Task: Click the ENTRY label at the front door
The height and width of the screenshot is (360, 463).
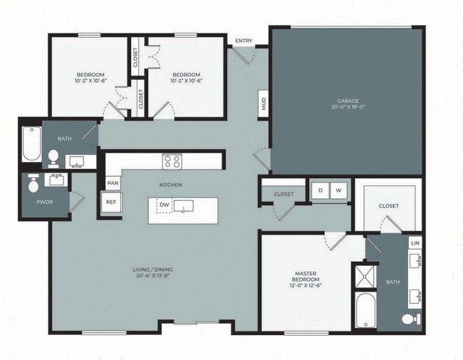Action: [x=243, y=41]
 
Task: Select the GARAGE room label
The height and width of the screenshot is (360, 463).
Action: [x=348, y=101]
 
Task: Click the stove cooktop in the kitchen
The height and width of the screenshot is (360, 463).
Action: [x=172, y=161]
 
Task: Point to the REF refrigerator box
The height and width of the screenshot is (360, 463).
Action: [x=111, y=202]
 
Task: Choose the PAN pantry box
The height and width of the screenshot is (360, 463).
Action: [x=112, y=182]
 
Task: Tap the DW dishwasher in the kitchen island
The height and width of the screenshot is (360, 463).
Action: [x=164, y=206]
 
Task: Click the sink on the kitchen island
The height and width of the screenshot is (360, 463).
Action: [x=183, y=207]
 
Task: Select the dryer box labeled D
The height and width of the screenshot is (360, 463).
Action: [x=320, y=190]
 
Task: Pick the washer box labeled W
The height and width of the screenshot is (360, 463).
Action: [x=339, y=190]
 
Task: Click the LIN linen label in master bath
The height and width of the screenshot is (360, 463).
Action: [x=415, y=243]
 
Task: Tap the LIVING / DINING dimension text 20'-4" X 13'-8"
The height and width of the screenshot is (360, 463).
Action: [x=152, y=276]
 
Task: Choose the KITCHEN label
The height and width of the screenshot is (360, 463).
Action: [x=170, y=185]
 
